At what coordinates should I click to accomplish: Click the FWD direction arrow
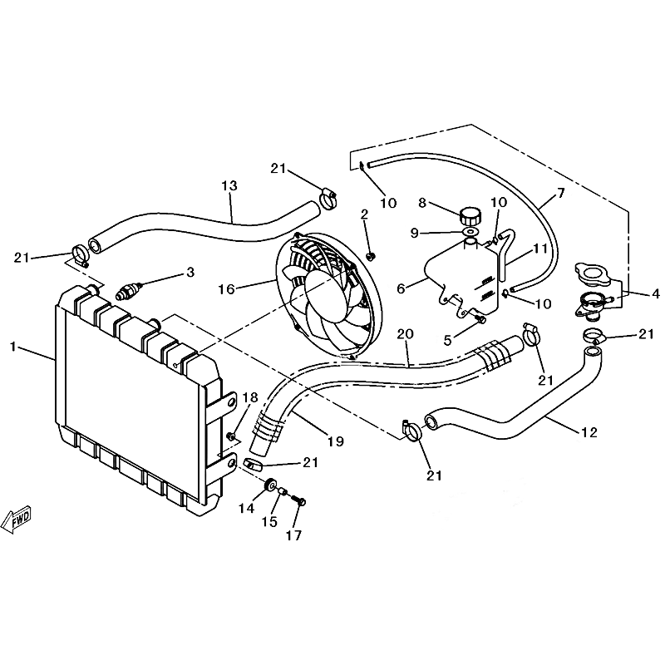[x=17, y=519]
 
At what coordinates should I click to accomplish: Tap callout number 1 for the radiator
[x=12, y=347]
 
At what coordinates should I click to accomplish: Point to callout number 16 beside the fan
[x=226, y=289]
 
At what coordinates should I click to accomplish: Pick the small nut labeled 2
[x=371, y=256]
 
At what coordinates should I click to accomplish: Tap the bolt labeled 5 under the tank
[x=480, y=319]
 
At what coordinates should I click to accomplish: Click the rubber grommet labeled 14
[x=269, y=485]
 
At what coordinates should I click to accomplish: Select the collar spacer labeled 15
[x=283, y=492]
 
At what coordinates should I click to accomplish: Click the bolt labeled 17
[x=299, y=501]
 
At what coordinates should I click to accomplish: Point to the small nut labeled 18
[x=232, y=436]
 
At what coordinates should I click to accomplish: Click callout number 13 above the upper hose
[x=229, y=185]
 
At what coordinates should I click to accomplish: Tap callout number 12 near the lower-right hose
[x=589, y=432]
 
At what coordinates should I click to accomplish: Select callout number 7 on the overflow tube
[x=560, y=194]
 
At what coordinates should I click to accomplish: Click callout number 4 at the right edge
[x=656, y=293]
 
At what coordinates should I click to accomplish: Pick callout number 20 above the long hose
[x=405, y=334]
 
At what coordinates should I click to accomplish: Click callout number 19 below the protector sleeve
[x=336, y=441]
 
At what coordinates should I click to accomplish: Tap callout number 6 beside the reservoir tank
[x=401, y=288]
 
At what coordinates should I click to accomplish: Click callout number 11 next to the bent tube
[x=539, y=249]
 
